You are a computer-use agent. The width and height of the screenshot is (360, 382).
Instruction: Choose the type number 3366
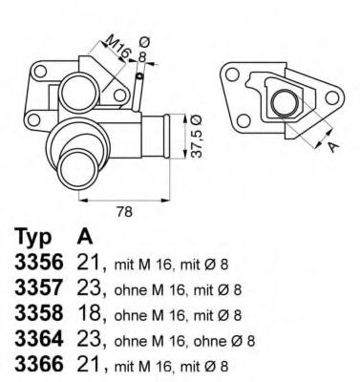pyautogui.click(x=35, y=365)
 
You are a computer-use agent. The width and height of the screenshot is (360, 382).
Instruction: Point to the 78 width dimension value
pyautogui.click(x=121, y=212)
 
